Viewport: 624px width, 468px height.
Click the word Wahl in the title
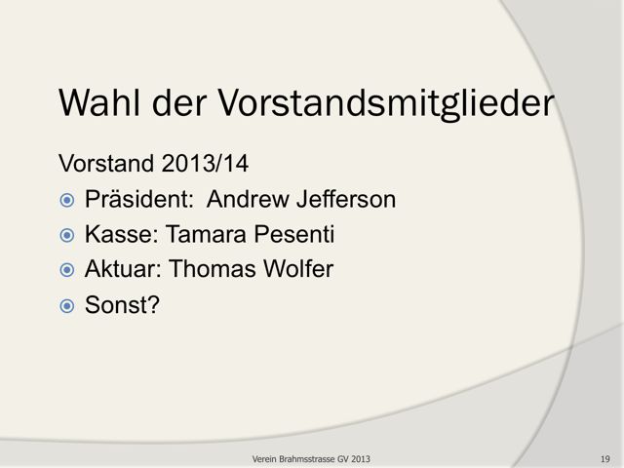(x=99, y=102)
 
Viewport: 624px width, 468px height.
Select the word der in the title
(x=179, y=102)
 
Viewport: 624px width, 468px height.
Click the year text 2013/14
(x=205, y=163)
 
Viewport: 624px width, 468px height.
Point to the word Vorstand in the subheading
(x=106, y=163)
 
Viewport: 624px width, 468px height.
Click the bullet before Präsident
(x=67, y=200)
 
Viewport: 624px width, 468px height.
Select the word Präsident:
(x=139, y=199)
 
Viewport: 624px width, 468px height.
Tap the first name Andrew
(x=248, y=199)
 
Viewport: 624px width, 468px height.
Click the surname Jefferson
(x=346, y=199)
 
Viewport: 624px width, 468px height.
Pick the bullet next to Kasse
(x=67, y=235)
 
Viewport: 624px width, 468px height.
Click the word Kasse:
(x=122, y=234)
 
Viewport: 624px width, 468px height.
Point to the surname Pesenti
(x=294, y=234)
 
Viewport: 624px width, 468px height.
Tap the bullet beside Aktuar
(x=67, y=270)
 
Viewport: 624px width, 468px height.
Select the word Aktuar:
(x=123, y=269)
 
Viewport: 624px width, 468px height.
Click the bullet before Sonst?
(x=67, y=306)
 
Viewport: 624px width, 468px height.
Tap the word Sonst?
(x=122, y=305)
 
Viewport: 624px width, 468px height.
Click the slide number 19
(x=605, y=459)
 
